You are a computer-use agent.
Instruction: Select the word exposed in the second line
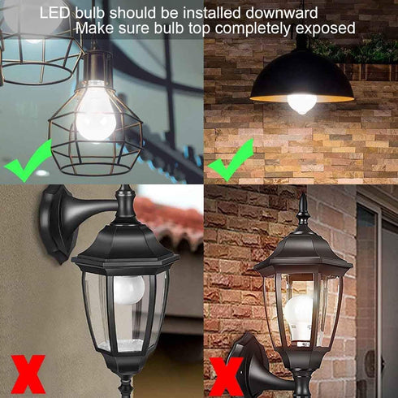pyautogui.click(x=325, y=28)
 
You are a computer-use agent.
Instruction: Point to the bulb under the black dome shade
pyautogui.click(x=302, y=102)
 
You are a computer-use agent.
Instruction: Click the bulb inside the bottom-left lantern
pyautogui.click(x=128, y=288)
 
